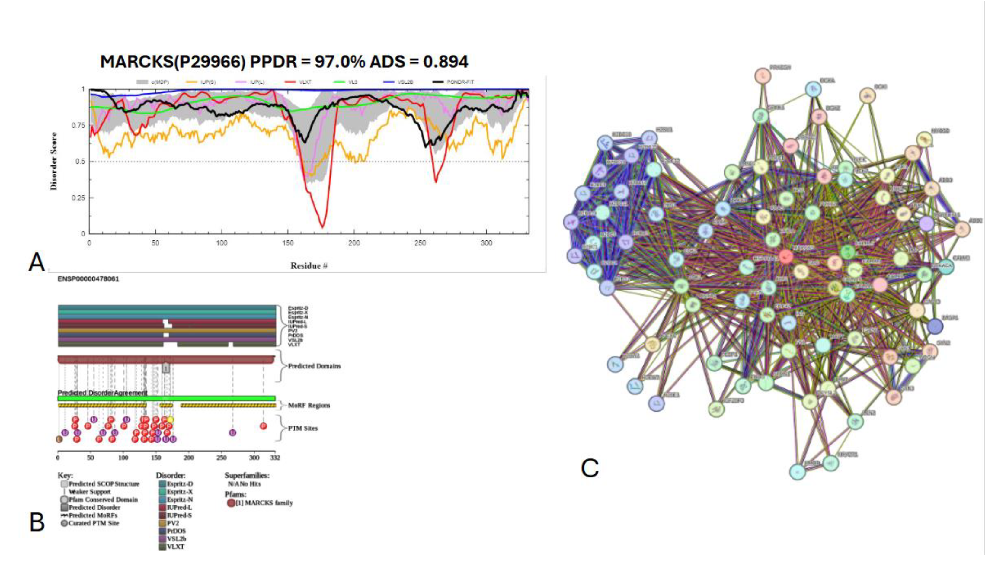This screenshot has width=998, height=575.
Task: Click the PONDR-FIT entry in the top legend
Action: (460, 82)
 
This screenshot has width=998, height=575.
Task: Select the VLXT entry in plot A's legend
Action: (305, 82)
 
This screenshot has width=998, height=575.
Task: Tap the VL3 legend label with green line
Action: (352, 82)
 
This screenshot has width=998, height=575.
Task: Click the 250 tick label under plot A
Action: (420, 243)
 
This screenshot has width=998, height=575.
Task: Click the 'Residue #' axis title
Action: (309, 266)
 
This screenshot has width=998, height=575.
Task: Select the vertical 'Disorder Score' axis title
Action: (53, 161)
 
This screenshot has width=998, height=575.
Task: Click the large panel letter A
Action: (37, 262)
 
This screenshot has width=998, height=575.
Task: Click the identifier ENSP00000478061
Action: (88, 279)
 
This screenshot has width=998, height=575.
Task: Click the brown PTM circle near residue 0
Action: (59, 439)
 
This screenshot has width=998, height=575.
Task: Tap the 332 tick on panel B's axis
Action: (275, 458)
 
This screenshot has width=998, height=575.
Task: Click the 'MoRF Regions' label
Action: (309, 405)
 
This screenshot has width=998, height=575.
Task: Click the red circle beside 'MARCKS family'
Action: (231, 503)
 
